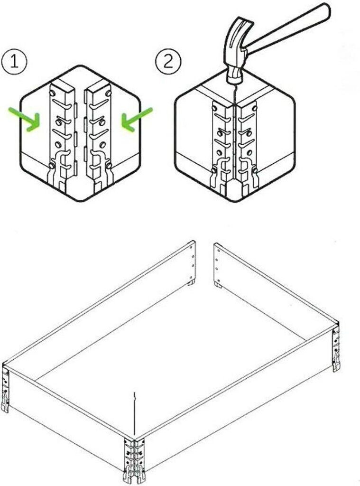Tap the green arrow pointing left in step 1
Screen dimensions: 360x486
click(136, 120)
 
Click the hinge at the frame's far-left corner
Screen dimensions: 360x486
click(5, 389)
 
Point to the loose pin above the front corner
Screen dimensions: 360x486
click(134, 414)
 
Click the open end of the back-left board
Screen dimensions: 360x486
click(192, 263)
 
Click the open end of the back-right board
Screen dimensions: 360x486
click(218, 265)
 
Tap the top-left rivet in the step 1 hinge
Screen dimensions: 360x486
click(52, 93)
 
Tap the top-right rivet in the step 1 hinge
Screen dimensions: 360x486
click(109, 93)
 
